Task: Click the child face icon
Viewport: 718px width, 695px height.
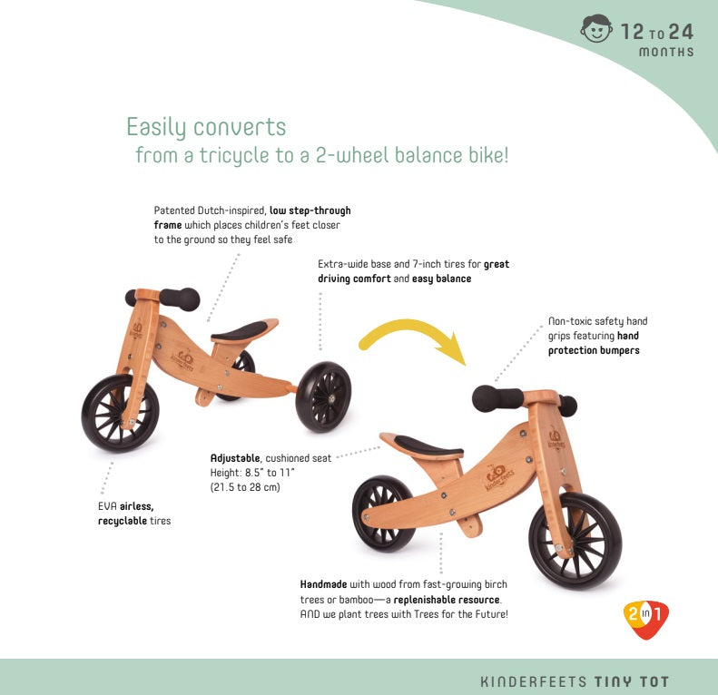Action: tap(596, 31)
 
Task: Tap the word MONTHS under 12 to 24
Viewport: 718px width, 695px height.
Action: tap(666, 52)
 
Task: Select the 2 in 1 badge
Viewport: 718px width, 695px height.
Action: tap(645, 620)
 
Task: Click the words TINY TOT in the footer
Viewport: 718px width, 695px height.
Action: tap(632, 680)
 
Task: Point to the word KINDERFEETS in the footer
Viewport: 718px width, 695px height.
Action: tap(534, 680)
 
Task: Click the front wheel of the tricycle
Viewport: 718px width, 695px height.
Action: tap(120, 413)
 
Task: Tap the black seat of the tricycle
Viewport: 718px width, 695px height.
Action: tap(242, 329)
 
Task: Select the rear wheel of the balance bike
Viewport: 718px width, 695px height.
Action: tap(383, 513)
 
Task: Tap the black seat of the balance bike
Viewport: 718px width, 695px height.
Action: tap(428, 445)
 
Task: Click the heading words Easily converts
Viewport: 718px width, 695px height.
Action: tap(206, 126)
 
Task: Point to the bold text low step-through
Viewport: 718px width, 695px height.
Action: tap(310, 210)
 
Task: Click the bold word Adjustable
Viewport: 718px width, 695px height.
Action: tap(234, 458)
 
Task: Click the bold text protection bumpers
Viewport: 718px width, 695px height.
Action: tap(594, 350)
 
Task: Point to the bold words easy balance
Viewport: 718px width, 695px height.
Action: tap(441, 279)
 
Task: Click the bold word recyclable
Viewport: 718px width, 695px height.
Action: tap(122, 521)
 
